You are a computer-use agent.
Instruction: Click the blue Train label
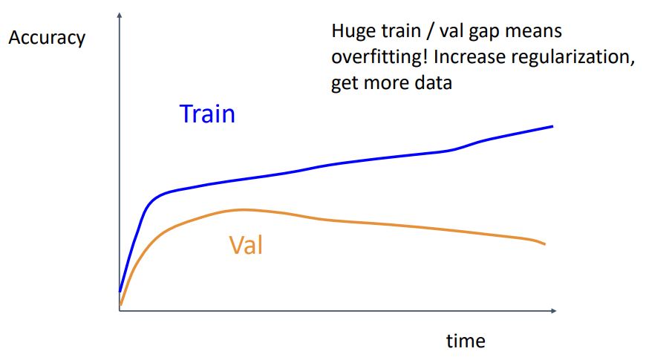[x=207, y=114]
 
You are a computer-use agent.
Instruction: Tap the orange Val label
[x=246, y=245]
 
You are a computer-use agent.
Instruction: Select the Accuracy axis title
[x=47, y=38]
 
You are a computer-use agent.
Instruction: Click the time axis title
[x=466, y=341]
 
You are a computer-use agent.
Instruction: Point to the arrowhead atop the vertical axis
[x=120, y=16]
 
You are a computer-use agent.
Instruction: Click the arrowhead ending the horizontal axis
[x=554, y=310]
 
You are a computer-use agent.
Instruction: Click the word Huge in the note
[x=353, y=32]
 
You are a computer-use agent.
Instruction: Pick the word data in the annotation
[x=433, y=82]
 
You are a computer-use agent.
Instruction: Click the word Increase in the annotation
[x=470, y=57]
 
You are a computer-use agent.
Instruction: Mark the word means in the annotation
[x=536, y=32]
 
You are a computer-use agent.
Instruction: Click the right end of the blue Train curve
[x=552, y=126]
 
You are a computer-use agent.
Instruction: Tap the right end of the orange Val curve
[x=545, y=244]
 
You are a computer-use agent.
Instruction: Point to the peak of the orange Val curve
[x=243, y=210]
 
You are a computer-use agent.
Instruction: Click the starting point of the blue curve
[x=120, y=291]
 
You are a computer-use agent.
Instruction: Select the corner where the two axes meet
[x=120, y=310]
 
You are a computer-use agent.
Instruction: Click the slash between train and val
[x=431, y=32]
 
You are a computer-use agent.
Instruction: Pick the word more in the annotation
[x=386, y=82]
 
